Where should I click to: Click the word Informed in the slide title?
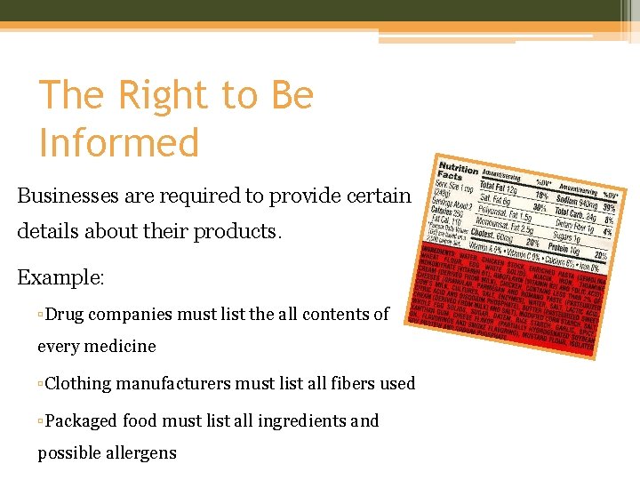119,142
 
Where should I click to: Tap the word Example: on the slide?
60,277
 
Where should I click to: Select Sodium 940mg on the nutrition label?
578,200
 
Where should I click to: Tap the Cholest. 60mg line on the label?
490,234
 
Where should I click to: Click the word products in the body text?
236,231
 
